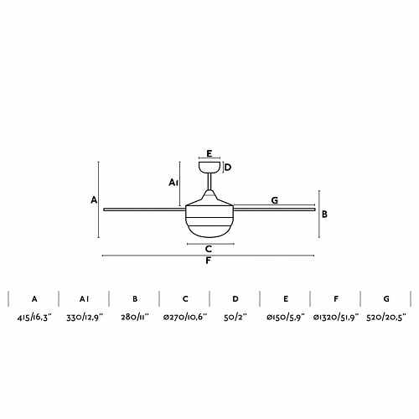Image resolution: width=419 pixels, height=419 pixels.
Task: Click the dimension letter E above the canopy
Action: click(x=209, y=153)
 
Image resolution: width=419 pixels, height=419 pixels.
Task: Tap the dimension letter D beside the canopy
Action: click(x=228, y=168)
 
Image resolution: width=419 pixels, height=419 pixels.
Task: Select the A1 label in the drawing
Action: click(x=173, y=183)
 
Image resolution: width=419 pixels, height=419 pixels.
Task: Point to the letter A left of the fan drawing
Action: click(x=94, y=200)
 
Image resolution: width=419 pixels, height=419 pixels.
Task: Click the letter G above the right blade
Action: click(x=275, y=200)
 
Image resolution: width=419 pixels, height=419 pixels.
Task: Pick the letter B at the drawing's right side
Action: click(x=324, y=215)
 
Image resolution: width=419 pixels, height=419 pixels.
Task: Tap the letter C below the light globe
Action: click(x=209, y=249)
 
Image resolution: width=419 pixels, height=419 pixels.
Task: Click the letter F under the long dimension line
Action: click(x=209, y=261)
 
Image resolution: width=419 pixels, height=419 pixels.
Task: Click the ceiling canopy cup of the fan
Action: click(x=209, y=167)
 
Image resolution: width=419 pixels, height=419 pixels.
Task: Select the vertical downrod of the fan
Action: click(x=209, y=182)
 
